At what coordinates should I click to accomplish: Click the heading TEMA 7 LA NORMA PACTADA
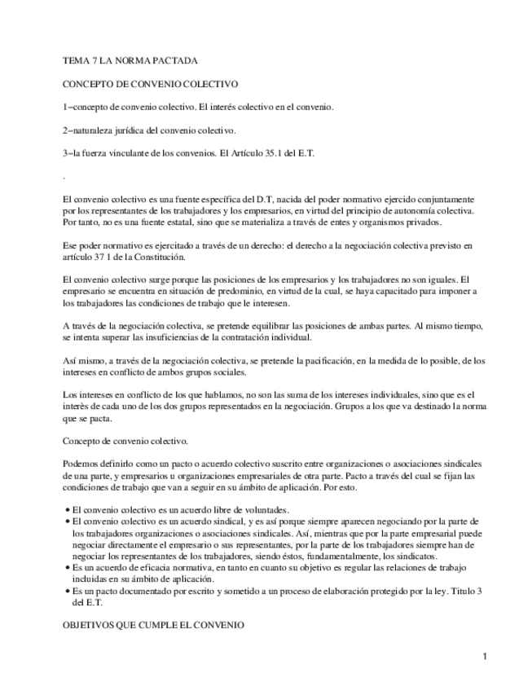pos(130,61)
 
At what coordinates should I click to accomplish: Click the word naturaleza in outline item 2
pos(99,130)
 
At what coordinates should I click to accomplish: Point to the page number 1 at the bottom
pos(484,657)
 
